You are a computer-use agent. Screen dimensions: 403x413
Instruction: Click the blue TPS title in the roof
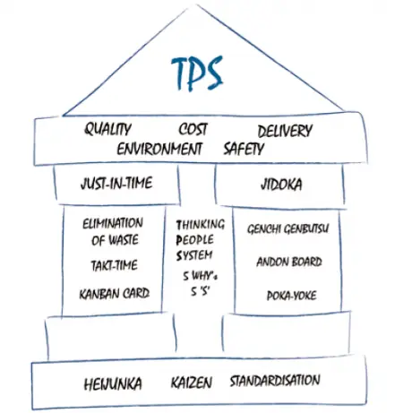coord(197,73)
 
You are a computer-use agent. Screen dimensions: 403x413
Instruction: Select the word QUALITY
coord(107,130)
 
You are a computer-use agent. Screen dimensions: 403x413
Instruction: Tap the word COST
coord(193,130)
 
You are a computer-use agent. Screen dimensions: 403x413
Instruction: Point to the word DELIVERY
coord(285,131)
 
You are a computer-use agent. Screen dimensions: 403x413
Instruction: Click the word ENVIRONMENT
coord(159,149)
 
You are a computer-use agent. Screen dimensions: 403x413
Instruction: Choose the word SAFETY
coord(244,149)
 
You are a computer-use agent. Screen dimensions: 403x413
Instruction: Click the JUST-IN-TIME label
coord(116,183)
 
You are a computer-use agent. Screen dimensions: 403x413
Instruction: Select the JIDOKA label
coord(281,185)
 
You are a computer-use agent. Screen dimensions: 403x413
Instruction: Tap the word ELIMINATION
coord(113,223)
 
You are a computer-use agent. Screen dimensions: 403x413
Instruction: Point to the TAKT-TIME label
coord(115,265)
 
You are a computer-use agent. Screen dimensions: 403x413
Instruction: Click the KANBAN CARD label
coord(115,294)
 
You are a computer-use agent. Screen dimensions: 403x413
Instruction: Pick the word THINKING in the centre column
coord(200,225)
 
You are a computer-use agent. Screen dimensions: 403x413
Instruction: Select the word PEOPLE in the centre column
coord(194,240)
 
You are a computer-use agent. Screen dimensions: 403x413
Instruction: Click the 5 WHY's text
coord(200,276)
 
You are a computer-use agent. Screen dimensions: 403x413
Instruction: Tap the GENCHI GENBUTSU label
coord(288,229)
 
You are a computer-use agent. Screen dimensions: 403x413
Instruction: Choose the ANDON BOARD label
coord(289,262)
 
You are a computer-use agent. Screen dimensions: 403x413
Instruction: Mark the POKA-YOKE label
coord(291,296)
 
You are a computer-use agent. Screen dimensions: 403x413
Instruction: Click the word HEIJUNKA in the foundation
coord(113,384)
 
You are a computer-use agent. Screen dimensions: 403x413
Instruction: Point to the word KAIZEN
coord(192,383)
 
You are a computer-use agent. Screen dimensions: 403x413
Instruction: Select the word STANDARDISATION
coord(275,381)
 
